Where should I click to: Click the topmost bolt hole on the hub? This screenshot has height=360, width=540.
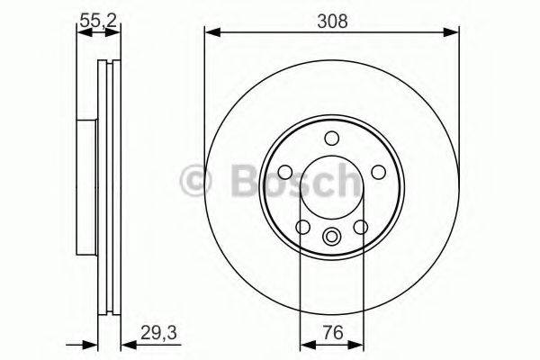(x=331, y=138)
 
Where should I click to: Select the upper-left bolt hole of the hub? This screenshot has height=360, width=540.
(x=286, y=171)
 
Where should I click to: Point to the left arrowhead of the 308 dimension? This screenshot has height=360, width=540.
(x=211, y=33)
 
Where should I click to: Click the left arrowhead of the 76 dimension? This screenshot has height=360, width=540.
(x=303, y=344)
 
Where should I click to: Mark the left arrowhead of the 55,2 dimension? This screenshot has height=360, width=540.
(x=79, y=33)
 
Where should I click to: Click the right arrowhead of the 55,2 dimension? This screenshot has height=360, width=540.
(x=117, y=33)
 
